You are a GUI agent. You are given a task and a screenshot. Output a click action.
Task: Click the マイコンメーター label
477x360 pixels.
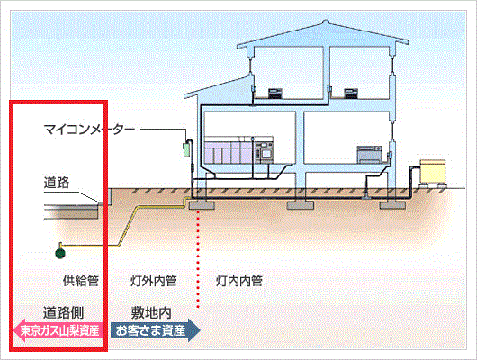89,130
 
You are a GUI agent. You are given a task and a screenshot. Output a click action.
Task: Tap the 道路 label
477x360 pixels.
57,183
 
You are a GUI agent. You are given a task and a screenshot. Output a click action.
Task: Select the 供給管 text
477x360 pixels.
81,281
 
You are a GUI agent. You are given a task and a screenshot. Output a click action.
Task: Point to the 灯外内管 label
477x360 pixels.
154,281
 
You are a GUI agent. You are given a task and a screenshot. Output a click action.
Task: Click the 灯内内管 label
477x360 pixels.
239,281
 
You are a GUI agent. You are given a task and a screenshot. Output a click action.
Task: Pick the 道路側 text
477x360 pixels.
63,312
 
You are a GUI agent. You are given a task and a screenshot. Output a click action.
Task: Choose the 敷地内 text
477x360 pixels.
151,312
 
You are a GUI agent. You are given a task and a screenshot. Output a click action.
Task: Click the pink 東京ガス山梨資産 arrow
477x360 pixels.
58,330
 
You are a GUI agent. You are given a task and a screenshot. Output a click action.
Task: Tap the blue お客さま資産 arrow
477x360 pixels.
155,330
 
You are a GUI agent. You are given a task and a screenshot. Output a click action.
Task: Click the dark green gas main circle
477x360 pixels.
60,253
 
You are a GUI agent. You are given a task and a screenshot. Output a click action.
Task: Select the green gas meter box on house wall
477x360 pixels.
186,149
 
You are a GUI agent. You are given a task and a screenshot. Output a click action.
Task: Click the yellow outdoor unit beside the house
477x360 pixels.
432,171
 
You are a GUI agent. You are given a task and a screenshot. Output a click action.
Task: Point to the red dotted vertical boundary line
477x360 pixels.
198,259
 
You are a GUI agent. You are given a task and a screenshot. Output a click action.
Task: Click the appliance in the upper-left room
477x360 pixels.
275,93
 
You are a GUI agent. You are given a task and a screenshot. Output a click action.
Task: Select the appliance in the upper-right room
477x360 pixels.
351,93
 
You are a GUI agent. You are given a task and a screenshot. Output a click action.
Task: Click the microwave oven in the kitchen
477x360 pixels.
265,153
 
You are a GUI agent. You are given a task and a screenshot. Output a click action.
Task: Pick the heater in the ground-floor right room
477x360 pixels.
369,154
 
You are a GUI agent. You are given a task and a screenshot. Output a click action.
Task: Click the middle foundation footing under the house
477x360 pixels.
300,205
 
